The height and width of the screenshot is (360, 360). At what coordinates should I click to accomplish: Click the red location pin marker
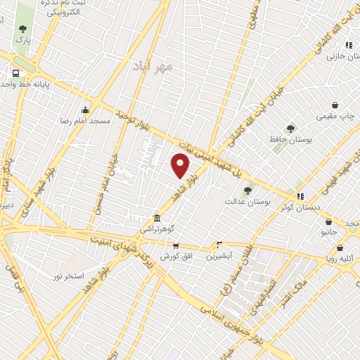181,166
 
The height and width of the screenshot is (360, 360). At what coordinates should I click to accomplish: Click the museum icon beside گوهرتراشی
155,218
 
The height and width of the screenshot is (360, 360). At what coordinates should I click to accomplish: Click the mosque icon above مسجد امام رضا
86,110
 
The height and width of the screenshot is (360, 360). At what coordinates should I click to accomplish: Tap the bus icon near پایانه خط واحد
15,73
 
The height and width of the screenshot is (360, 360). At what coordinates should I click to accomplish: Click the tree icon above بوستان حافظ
290,129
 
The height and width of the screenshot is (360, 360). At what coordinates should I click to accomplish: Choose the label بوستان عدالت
248,201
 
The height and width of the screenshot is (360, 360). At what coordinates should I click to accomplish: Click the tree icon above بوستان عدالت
247,190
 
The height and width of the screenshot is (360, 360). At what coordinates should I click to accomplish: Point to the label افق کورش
176,257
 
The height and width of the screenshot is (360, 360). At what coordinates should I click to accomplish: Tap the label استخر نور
69,275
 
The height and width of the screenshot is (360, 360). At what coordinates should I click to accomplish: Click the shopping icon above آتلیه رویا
340,247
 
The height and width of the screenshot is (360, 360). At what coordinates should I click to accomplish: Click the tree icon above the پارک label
23,29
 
